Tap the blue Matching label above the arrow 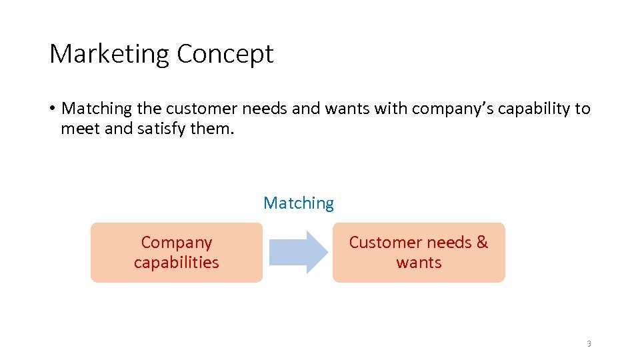coord(299,203)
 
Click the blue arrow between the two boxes coord(298,252)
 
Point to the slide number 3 coord(589,344)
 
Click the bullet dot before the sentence coord(51,109)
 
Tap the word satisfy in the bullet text coord(162,128)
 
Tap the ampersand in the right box coord(482,242)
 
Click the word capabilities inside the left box coord(177,262)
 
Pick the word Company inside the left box coord(177,243)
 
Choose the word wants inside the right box coord(419,262)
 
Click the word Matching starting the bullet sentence coord(97,109)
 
